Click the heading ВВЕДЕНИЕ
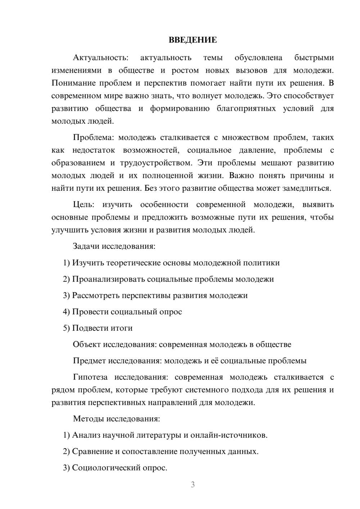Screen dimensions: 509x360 pos(193,40)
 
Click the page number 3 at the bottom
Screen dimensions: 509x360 pos(193,485)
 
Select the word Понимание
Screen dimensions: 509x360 pos(73,83)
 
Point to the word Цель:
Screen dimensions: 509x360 pos(84,205)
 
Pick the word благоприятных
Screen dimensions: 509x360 pos(246,108)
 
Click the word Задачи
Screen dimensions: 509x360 pos(86,247)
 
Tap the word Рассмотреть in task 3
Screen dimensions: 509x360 pos(96,296)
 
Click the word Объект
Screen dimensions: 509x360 pos(87,344)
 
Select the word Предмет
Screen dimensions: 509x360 pos(89,361)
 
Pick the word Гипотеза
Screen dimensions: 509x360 pos(90,377)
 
